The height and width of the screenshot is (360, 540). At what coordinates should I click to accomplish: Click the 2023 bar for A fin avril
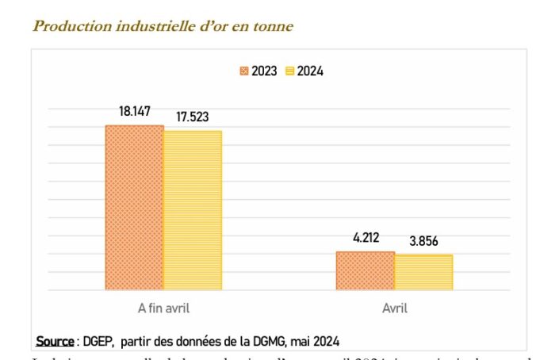135,208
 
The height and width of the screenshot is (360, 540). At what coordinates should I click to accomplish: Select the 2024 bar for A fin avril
193,210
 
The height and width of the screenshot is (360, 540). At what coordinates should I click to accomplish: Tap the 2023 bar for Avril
365,271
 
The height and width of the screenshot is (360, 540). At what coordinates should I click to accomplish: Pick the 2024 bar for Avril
423,273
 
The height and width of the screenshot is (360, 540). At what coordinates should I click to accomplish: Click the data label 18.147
135,112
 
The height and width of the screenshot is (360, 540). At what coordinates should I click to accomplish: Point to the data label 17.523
192,117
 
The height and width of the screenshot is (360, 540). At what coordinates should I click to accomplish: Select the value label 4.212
366,237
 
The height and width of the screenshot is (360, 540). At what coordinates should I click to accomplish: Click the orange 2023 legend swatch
244,71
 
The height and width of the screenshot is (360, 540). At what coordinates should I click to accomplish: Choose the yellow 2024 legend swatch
290,71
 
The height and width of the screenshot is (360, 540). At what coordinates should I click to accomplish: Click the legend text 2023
264,71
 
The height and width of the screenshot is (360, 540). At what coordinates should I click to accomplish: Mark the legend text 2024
311,71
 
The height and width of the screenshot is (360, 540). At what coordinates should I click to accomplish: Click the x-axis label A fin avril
163,308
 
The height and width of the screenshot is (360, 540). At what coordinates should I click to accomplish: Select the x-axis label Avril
394,308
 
